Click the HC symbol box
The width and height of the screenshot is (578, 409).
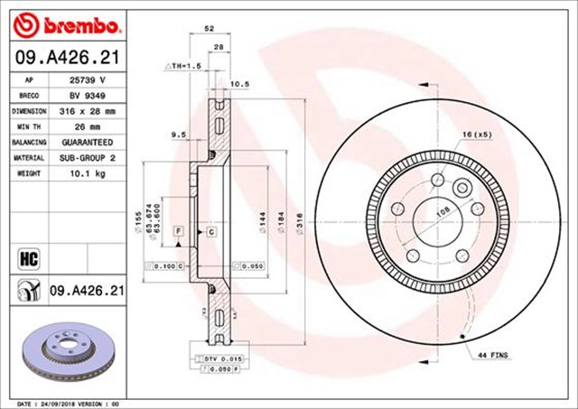(27, 257)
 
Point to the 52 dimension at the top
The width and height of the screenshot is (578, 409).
(210, 28)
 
